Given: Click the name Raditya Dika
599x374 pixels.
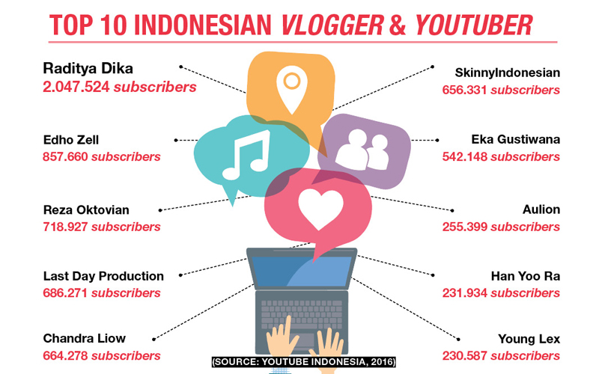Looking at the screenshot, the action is pos(88,69).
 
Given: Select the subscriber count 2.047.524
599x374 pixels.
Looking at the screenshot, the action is pos(76,87).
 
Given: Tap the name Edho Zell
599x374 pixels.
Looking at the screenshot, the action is pos(70,140).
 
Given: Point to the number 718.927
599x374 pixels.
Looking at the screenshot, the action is pos(65,227).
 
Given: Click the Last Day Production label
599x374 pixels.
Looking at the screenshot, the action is pos(103,276).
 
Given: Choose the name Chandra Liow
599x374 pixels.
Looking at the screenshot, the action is pos(84,338).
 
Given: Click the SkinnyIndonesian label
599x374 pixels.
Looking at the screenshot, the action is pos(508,73).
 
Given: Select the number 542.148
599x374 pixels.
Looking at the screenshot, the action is pos(464,156).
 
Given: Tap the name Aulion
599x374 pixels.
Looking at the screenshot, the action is pos(541,209).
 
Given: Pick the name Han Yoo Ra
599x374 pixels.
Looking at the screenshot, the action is pos(526,276).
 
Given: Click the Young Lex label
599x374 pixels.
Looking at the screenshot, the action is pos(529,339).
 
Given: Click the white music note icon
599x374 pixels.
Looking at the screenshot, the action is pos(246,155).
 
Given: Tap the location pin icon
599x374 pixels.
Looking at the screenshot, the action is pos(292,90).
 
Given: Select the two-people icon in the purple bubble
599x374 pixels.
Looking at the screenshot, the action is pos(362,150).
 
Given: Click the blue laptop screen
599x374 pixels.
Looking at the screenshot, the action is pos(302,272).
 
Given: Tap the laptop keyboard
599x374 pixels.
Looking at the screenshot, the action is pos(302,314).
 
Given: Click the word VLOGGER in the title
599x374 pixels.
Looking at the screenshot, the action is pos(332,25).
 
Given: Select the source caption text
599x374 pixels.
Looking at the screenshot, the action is pos(304,362).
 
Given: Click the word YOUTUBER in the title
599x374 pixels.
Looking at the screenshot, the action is pos(474,25).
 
